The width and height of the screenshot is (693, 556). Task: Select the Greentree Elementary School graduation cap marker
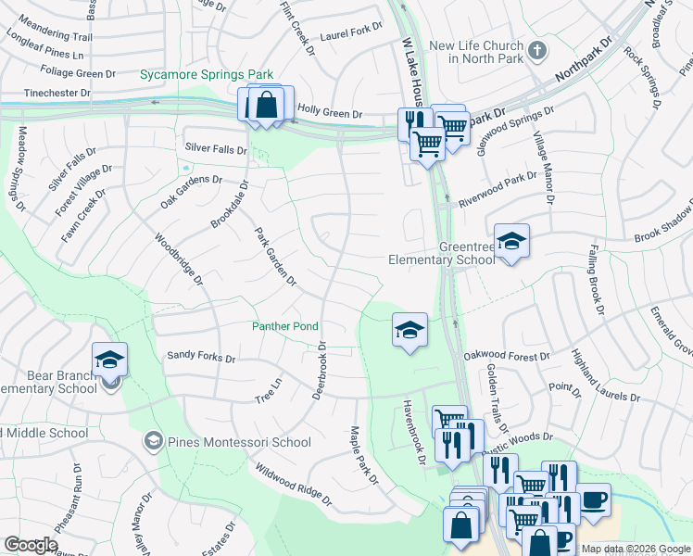511,242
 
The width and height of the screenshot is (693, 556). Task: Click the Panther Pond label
285,326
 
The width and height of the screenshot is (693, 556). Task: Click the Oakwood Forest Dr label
508,354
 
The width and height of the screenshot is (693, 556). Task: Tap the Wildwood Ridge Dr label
293,485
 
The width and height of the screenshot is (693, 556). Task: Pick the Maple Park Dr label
363,456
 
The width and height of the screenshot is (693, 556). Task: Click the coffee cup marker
593,499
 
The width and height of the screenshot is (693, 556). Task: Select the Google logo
31,545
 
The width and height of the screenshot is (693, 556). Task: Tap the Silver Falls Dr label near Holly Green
216,148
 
